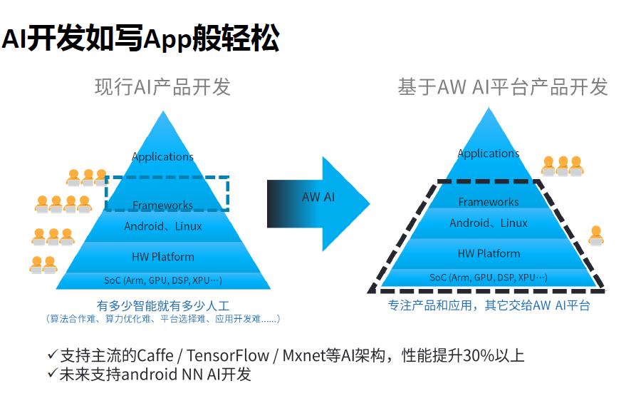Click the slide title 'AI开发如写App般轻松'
coord(140,39)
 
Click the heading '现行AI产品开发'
coord(163,87)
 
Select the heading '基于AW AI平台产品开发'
coord(502,87)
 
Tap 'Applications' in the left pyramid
coord(163,156)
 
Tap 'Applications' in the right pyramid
coord(489,153)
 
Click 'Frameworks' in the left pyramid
coord(163,205)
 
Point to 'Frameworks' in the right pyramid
coord(489,202)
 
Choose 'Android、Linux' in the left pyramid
coord(163,226)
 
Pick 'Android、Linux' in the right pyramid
coord(489,223)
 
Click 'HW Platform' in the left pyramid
coord(163,257)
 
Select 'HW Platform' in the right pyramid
coord(489,253)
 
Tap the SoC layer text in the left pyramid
coord(163,280)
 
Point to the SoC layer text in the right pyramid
coord(489,278)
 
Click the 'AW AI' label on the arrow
coord(318,197)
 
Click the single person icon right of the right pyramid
coord(596,235)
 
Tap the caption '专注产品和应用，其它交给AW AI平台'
coord(489,305)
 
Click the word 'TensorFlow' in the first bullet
coord(234,355)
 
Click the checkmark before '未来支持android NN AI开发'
coord(52,373)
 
